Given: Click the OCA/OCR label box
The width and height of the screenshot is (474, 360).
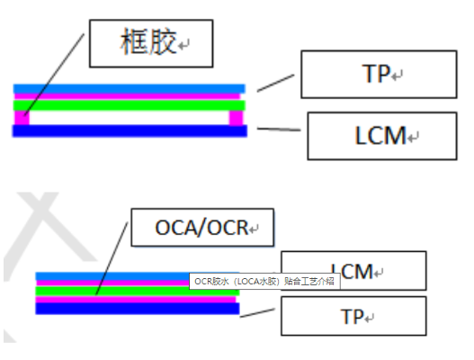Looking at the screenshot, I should [201, 229].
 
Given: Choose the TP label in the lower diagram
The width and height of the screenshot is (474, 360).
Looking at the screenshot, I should [353, 317].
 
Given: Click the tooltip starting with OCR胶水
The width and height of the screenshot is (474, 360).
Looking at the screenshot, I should [264, 281].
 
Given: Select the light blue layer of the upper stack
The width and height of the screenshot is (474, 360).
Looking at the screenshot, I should [130, 88].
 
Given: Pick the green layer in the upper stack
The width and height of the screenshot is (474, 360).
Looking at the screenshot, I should [130, 105].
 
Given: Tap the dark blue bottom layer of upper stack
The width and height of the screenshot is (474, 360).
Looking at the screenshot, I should [130, 130].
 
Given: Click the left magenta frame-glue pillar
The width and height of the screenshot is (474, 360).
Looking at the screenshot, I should [22, 118].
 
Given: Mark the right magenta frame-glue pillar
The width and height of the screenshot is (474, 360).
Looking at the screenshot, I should [237, 118].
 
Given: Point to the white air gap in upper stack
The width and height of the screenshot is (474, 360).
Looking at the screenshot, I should [130, 118].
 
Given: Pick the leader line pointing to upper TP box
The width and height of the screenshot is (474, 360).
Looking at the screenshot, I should [275, 84].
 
